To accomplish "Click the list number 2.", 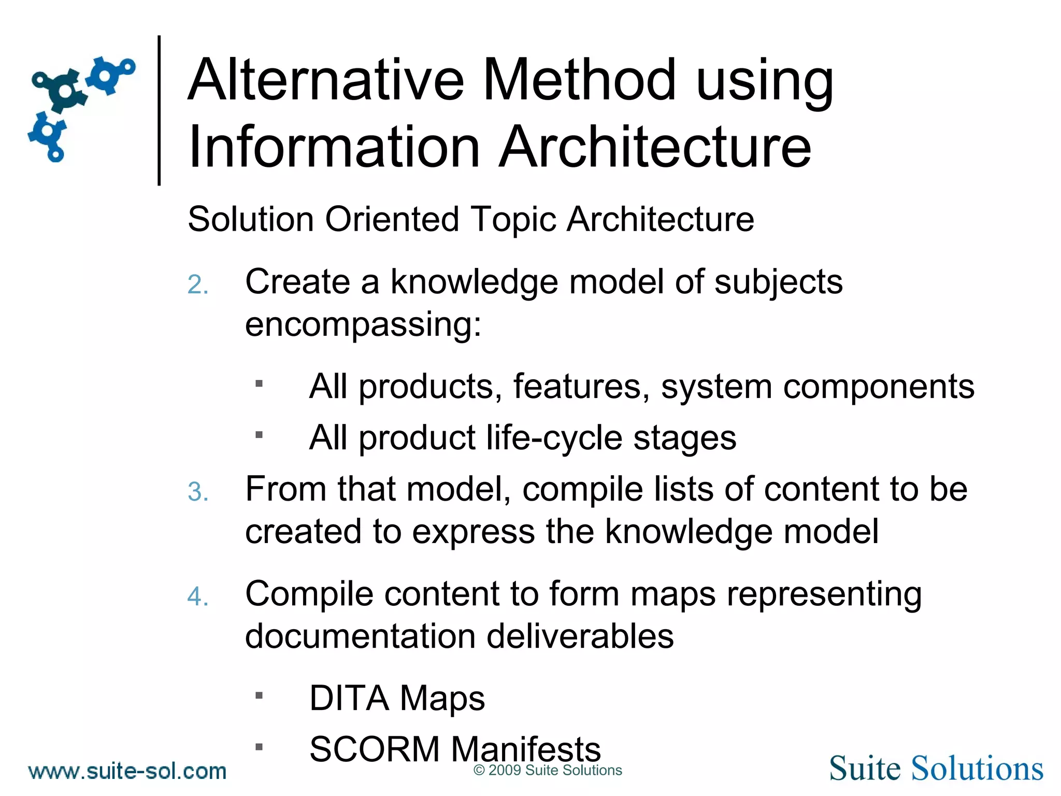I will pyautogui.click(x=198, y=285).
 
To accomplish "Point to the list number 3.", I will pyautogui.click(x=198, y=492).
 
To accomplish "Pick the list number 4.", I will pyautogui.click(x=198, y=596).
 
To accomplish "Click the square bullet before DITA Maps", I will pyautogui.click(x=259, y=695).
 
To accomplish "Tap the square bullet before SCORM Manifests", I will pyautogui.click(x=259, y=747).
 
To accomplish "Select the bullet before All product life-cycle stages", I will pyautogui.click(x=259, y=435).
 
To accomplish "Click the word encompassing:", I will pyautogui.click(x=363, y=325).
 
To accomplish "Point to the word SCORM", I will pyautogui.click(x=374, y=749).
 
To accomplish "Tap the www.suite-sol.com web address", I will pyautogui.click(x=127, y=771).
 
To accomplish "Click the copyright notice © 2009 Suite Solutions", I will pyautogui.click(x=548, y=771).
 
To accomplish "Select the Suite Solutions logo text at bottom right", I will pyautogui.click(x=936, y=768).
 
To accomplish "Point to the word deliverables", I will pyautogui.click(x=580, y=636).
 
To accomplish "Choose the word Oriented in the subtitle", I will pyautogui.click(x=392, y=219).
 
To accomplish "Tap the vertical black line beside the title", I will pyautogui.click(x=159, y=110).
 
